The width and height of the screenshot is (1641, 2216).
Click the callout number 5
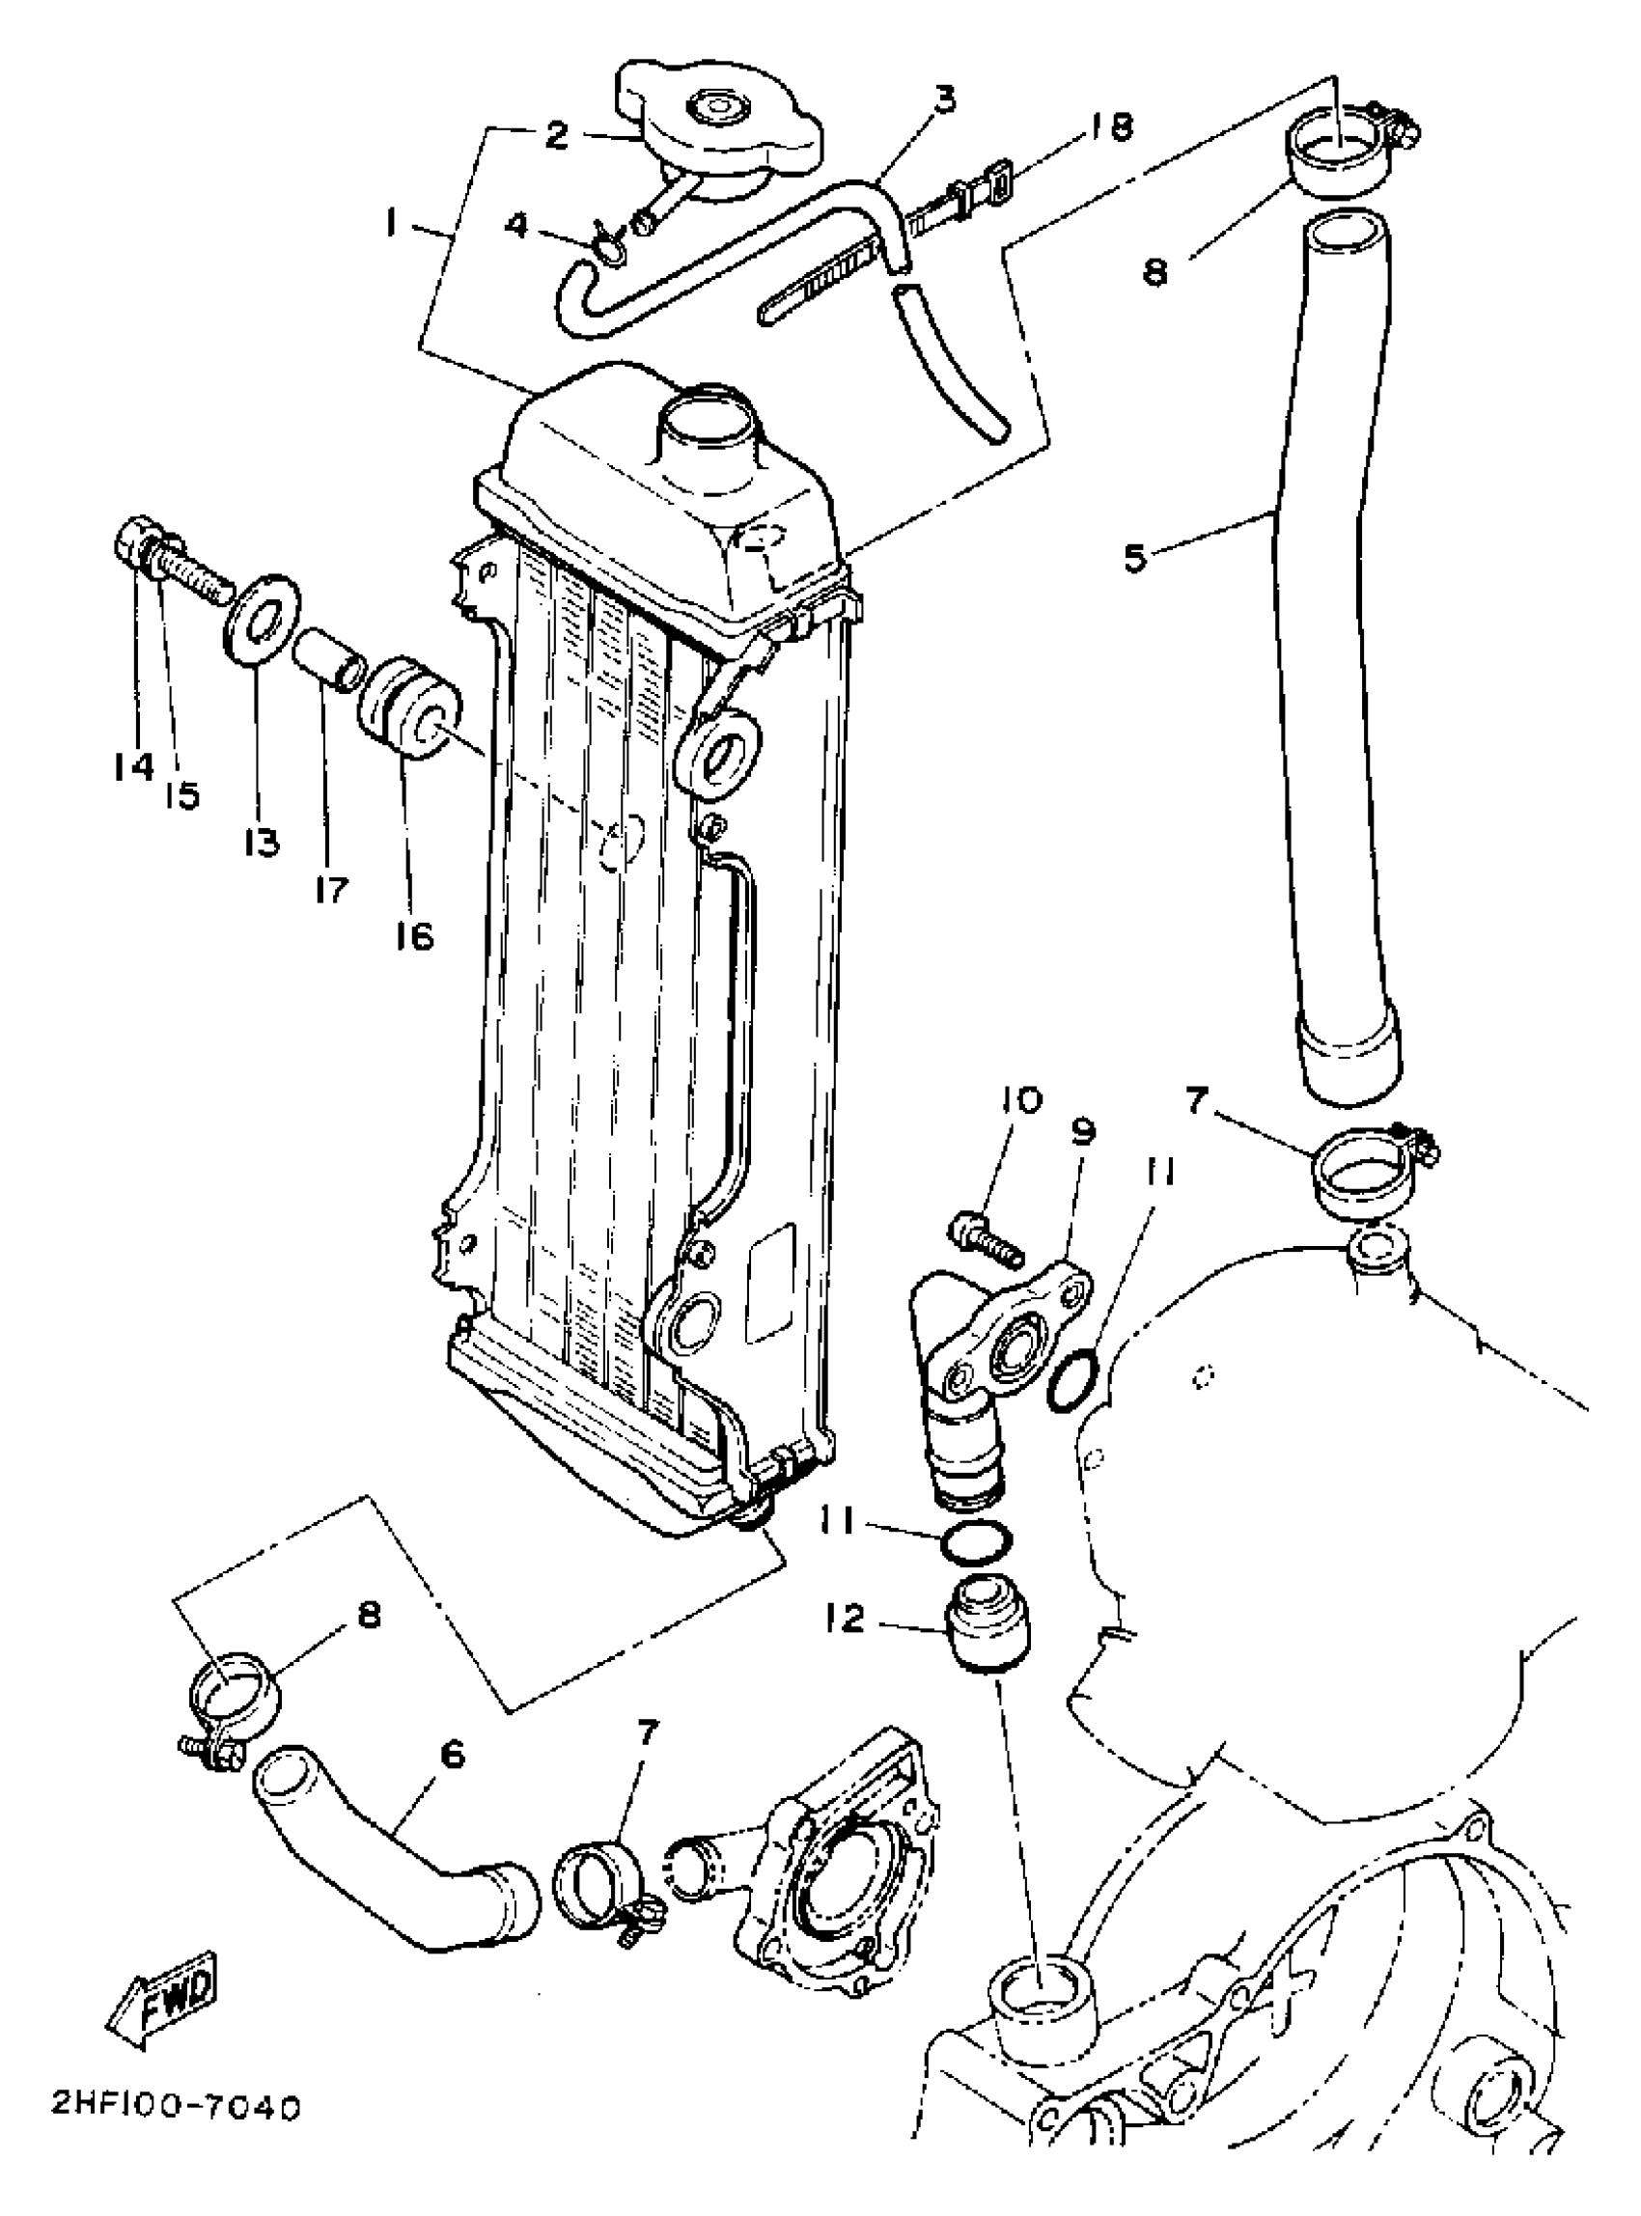pos(1134,556)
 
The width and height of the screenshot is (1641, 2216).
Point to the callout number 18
pos(1107,128)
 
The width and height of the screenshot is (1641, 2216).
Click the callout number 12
pos(845,1620)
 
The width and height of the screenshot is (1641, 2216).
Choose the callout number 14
pos(133,766)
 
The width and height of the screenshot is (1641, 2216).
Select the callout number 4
pos(516,226)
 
